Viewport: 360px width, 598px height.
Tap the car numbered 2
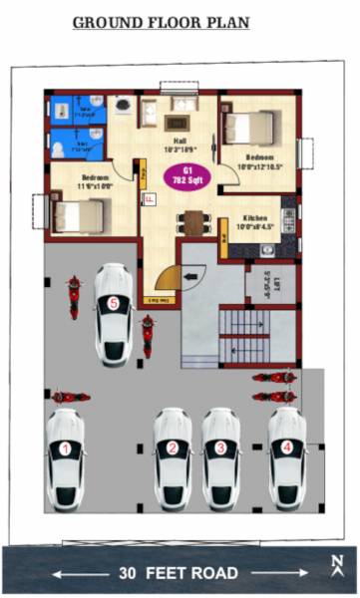click(x=173, y=454)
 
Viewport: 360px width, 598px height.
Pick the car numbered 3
click(x=220, y=454)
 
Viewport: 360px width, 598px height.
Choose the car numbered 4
click(x=287, y=453)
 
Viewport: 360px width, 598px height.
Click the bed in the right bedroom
click(x=248, y=128)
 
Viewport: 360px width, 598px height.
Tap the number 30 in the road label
click(x=128, y=573)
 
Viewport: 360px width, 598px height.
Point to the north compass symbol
click(x=338, y=564)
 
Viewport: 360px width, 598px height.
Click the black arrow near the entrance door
click(x=191, y=269)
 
